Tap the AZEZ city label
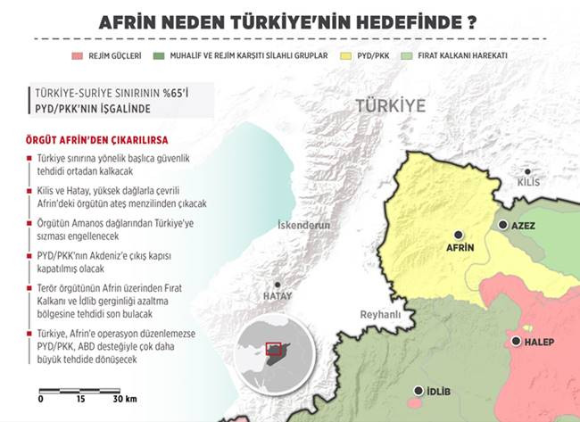tap(524, 226)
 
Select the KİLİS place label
tap(529, 182)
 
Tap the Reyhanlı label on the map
tap(381, 315)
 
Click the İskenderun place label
tap(303, 226)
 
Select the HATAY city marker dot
tap(278, 284)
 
